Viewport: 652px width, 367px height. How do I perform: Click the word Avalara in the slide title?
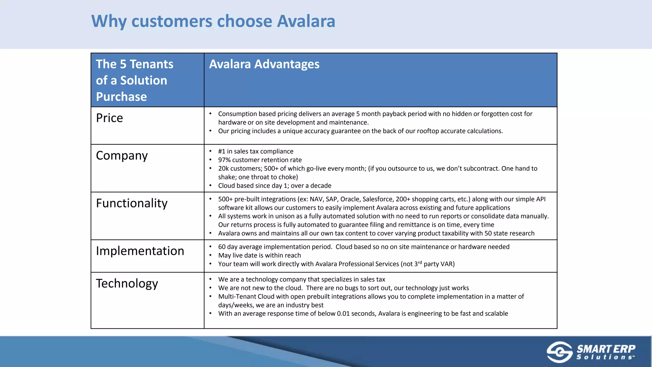[306, 21]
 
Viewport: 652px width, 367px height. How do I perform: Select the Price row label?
[109, 118]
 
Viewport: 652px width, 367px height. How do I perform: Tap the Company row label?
[122, 156]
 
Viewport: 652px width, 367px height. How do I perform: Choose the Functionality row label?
[131, 203]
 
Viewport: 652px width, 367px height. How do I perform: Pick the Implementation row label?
[140, 251]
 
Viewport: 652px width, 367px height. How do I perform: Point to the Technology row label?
[127, 284]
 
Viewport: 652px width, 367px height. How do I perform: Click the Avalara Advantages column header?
[264, 64]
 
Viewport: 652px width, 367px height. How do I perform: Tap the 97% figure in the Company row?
[224, 160]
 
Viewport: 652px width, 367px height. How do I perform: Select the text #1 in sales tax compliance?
[255, 151]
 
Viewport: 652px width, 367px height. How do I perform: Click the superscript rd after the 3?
[420, 262]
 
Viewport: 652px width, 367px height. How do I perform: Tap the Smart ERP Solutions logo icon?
[559, 352]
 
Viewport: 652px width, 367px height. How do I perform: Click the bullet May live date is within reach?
[259, 255]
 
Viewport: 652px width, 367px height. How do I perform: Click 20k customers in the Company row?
[240, 169]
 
